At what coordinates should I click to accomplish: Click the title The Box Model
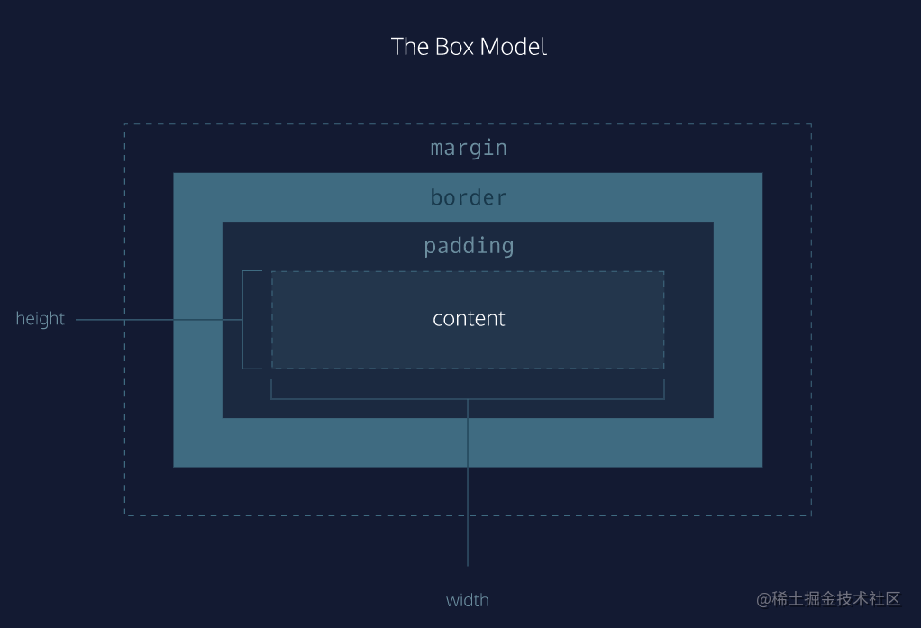point(469,47)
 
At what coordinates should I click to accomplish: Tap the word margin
point(469,148)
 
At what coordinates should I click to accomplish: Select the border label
point(469,197)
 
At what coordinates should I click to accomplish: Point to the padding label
point(469,246)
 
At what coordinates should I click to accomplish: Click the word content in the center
point(469,319)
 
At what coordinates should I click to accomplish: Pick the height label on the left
point(41,319)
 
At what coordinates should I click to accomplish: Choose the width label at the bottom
point(468,600)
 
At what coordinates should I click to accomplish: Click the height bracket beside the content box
point(244,320)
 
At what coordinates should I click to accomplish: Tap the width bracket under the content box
point(468,397)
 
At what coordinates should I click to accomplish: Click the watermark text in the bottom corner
point(828,599)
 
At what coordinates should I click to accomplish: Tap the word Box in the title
point(454,47)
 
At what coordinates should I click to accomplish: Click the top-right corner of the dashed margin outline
point(811,124)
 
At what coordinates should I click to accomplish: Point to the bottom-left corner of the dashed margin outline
point(125,515)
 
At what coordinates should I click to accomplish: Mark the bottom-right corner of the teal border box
point(761,466)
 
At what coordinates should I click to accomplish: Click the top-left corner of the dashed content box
point(272,271)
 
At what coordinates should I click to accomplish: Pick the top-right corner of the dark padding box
point(712,223)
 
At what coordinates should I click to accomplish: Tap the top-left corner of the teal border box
point(175,174)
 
